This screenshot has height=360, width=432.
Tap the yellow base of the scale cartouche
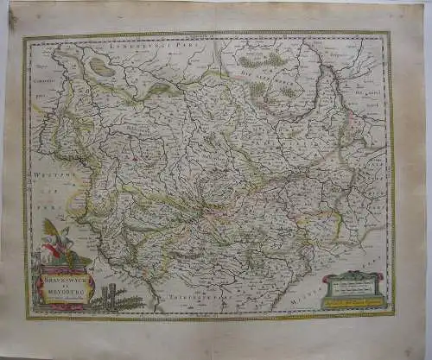click(x=352, y=303)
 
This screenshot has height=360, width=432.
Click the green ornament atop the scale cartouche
click(x=352, y=274)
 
